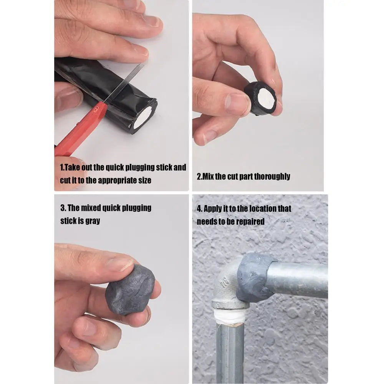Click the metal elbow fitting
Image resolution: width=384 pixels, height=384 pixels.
click(x=227, y=288)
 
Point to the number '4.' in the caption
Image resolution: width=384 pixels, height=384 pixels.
click(x=199, y=209)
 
